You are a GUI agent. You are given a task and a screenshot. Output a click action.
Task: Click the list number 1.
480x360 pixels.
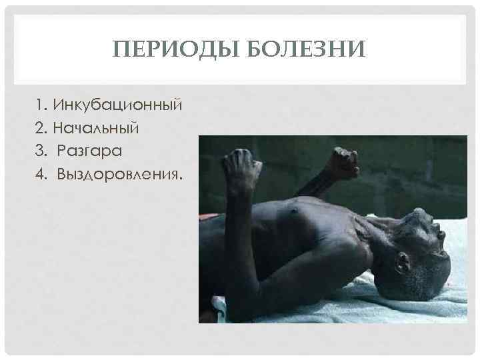click(x=41, y=105)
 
